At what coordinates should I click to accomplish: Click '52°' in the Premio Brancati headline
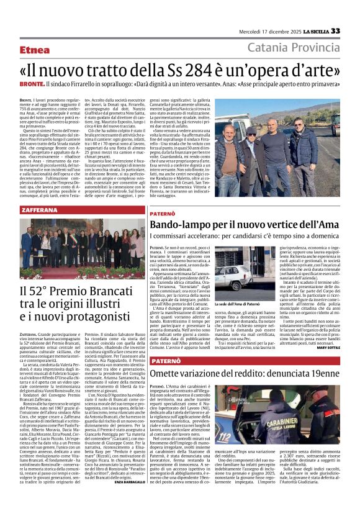(59, 290)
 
